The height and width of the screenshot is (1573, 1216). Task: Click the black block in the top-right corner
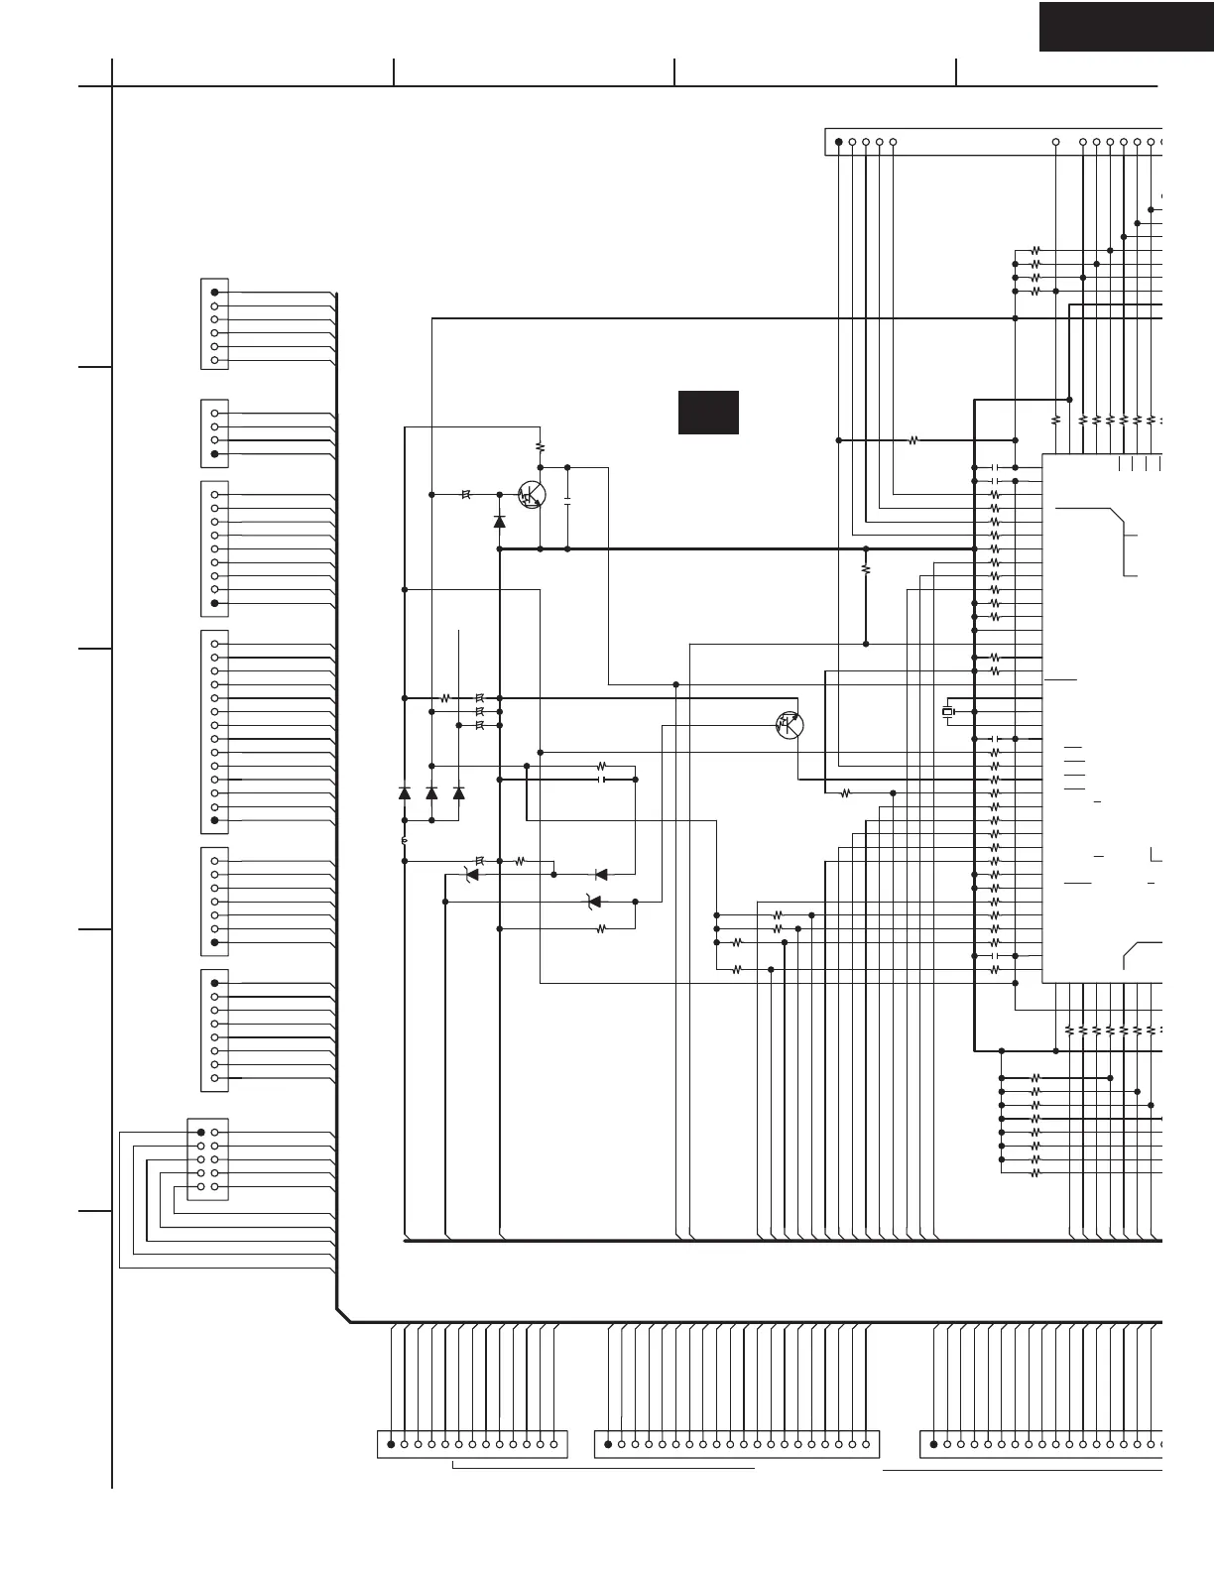coord(1126,27)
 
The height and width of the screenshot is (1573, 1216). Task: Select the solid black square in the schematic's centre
coord(708,412)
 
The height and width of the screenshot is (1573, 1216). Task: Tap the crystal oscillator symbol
coord(947,712)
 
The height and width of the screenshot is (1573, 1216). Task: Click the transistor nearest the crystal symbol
coord(790,725)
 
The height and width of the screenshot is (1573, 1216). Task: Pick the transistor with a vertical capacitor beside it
coord(533,495)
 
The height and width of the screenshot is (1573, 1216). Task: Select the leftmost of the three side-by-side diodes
coord(405,793)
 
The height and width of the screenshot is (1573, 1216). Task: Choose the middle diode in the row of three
coord(431,793)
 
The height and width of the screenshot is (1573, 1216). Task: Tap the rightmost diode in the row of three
coord(458,793)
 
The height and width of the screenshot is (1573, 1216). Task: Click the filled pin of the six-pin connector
coord(215,293)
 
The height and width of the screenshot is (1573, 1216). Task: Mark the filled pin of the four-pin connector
coord(215,454)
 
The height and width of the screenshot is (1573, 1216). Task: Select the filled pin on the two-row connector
coord(201,1133)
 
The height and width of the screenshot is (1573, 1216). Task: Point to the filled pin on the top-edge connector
coord(839,142)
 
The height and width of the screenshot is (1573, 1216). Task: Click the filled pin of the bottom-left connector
coord(391,1444)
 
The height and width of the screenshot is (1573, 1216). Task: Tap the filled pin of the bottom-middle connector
coord(608,1444)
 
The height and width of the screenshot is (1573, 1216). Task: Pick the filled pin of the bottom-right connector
coord(934,1444)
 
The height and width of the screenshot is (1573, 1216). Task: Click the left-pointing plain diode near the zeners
coord(600,875)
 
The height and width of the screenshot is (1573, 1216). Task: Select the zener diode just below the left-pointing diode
coord(594,902)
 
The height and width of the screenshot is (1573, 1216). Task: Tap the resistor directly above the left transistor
coord(540,447)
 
